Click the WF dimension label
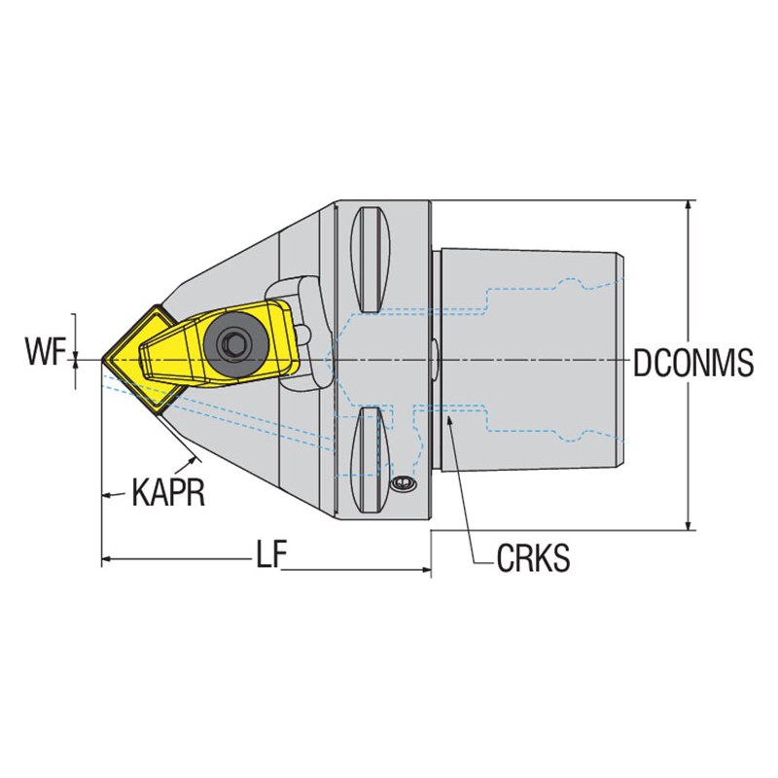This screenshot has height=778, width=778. tap(46, 352)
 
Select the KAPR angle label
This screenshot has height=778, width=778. tap(168, 492)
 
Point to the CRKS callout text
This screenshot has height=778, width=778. tap(533, 557)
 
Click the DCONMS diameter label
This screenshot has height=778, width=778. tap(693, 362)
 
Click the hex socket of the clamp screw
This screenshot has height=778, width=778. tap(231, 343)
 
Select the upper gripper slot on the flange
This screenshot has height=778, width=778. tap(371, 260)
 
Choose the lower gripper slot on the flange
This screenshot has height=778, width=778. tap(371, 460)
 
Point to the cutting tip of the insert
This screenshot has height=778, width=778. tap(102, 360)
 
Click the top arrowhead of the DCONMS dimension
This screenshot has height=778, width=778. tap(688, 204)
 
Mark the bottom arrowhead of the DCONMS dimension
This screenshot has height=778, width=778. tap(688, 525)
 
